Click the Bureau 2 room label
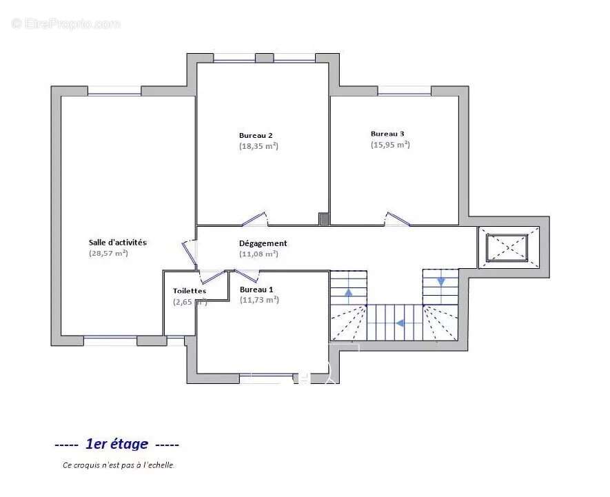click(x=256, y=135)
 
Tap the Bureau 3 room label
click(x=387, y=134)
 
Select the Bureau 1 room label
click(x=256, y=290)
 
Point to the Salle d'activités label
click(x=118, y=242)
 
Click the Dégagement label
click(x=263, y=243)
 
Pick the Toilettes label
click(x=190, y=291)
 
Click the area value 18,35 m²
click(x=258, y=146)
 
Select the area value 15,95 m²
click(x=390, y=145)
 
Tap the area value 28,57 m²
click(x=108, y=253)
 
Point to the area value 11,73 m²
click(x=259, y=300)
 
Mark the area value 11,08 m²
click(x=258, y=254)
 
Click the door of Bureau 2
click(x=254, y=219)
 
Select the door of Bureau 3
click(x=397, y=219)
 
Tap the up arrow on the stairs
click(x=348, y=292)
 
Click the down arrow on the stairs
click(x=441, y=281)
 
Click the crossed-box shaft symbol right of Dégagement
click(x=507, y=247)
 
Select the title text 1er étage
click(x=116, y=444)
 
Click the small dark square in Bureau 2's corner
click(x=324, y=219)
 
